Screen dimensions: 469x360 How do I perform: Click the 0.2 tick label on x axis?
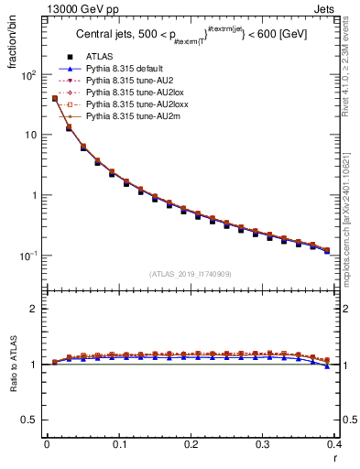tap(191, 444)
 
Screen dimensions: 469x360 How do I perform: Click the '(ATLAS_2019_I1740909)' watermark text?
tap(191, 274)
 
